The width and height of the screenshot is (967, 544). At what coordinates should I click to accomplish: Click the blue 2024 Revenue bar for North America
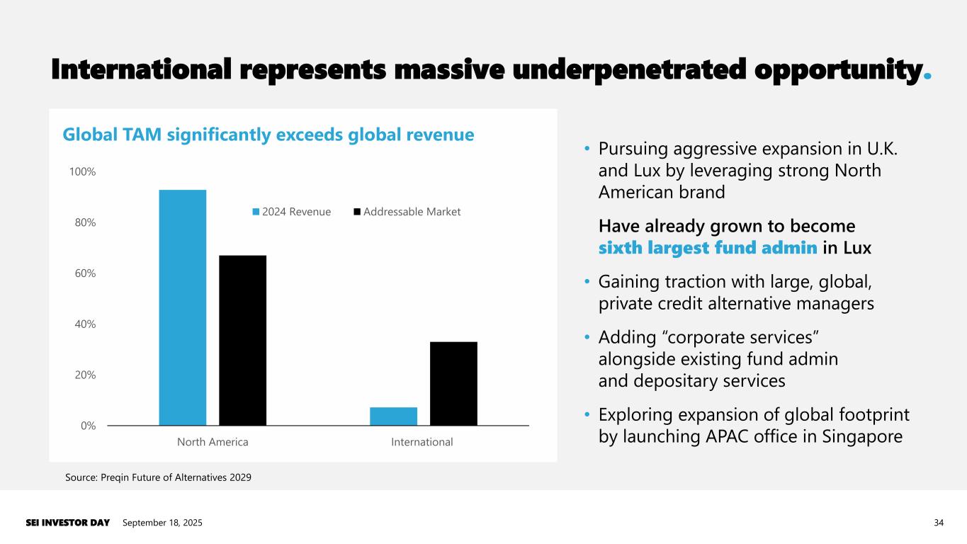pyautogui.click(x=182, y=307)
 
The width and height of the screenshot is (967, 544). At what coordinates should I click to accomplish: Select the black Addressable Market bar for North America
pyautogui.click(x=242, y=340)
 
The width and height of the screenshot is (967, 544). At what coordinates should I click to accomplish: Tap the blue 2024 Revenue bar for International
pyautogui.click(x=393, y=416)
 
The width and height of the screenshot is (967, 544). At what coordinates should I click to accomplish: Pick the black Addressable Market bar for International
pyautogui.click(x=453, y=383)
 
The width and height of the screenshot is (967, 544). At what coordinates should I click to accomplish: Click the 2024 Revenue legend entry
pyautogui.click(x=292, y=212)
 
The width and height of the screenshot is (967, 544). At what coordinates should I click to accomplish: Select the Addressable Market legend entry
pyautogui.click(x=407, y=212)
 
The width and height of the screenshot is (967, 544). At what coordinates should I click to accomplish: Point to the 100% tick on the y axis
pyautogui.click(x=82, y=172)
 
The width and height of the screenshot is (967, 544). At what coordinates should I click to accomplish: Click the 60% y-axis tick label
pyautogui.click(x=84, y=273)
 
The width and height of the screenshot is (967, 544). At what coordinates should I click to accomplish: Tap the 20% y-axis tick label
pyautogui.click(x=84, y=375)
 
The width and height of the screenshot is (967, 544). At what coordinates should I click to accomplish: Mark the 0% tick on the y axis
pyautogui.click(x=87, y=426)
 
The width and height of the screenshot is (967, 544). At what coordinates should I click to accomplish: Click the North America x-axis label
pyautogui.click(x=213, y=442)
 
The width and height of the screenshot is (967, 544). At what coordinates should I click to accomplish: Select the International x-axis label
pyautogui.click(x=422, y=442)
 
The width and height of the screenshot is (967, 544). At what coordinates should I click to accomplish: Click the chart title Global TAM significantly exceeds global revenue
pyautogui.click(x=268, y=135)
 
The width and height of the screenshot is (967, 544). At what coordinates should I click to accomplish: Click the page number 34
pyautogui.click(x=939, y=523)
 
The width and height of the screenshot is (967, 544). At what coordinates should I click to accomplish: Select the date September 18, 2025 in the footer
pyautogui.click(x=162, y=523)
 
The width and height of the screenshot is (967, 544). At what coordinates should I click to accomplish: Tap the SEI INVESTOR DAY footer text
pyautogui.click(x=68, y=523)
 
